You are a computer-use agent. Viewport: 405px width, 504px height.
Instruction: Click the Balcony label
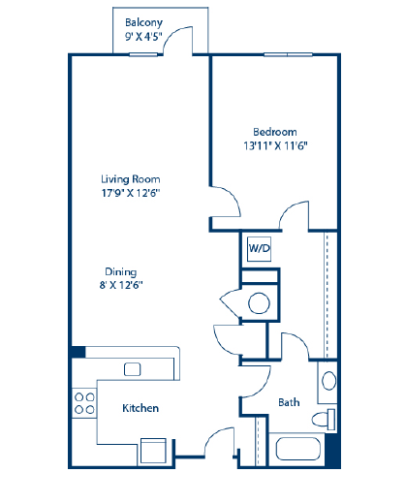click(x=143, y=22)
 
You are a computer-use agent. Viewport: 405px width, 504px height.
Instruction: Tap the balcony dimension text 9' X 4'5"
click(x=143, y=38)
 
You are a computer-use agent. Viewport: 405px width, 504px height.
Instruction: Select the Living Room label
click(x=131, y=179)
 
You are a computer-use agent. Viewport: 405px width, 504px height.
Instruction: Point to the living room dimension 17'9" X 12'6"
click(x=131, y=193)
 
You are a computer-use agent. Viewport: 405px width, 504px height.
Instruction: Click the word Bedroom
click(x=275, y=132)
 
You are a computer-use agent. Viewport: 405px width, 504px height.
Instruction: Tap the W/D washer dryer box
click(x=259, y=248)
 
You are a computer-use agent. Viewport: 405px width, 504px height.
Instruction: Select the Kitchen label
click(x=140, y=409)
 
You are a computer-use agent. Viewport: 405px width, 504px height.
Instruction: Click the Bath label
click(x=289, y=402)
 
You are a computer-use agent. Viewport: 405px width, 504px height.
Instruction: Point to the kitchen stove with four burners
click(x=83, y=402)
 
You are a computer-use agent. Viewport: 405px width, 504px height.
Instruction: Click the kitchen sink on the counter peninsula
click(x=133, y=368)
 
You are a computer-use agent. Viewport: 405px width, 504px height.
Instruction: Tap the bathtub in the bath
click(x=299, y=449)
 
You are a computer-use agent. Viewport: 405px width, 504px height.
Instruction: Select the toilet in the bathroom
click(x=327, y=419)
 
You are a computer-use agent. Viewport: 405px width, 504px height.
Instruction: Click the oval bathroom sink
click(x=328, y=379)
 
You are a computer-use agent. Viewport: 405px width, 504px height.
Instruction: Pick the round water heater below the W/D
click(x=259, y=303)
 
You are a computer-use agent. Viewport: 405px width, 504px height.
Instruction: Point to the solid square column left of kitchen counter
click(x=77, y=352)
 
